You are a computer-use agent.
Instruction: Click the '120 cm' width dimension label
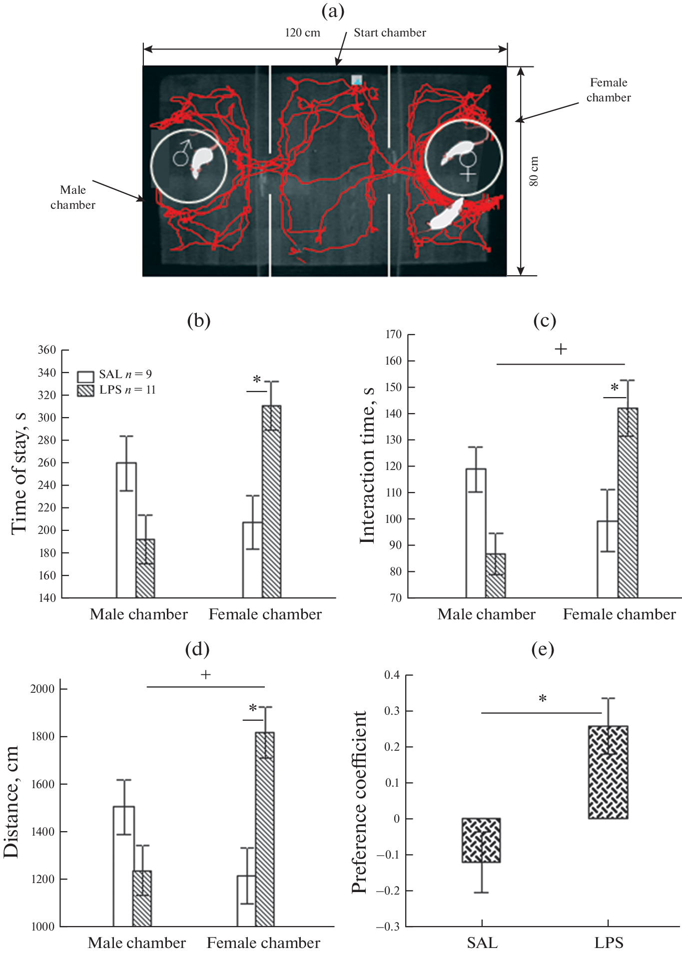[x=302, y=33]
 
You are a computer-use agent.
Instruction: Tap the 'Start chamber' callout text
[x=390, y=33]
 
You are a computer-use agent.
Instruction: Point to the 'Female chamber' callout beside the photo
[x=608, y=90]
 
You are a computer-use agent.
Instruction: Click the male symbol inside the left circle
[x=182, y=153]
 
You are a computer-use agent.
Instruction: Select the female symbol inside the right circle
[x=469, y=166]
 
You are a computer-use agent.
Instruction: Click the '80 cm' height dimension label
[x=534, y=171]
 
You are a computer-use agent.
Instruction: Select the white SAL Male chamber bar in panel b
[x=126, y=529]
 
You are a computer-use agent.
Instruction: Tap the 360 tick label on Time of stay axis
[x=46, y=350]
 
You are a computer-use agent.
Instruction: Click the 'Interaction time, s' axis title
[x=367, y=465]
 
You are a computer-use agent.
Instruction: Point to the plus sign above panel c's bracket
[x=561, y=349]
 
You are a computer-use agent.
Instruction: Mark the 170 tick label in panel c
[x=393, y=335]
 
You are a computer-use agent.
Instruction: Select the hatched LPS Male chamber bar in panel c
[x=496, y=575]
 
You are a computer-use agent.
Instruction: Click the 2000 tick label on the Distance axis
[x=42, y=689]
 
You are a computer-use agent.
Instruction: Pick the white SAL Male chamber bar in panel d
[x=124, y=866]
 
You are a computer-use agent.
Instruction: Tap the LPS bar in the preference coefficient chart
[x=608, y=772]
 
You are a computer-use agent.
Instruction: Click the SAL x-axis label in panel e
[x=482, y=943]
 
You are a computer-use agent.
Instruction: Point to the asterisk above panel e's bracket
[x=543, y=699]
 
